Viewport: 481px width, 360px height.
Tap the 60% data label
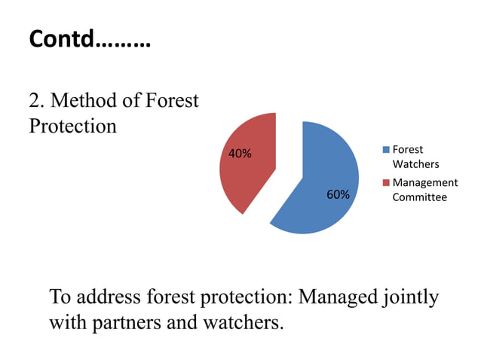point(338,195)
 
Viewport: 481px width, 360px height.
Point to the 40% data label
point(240,154)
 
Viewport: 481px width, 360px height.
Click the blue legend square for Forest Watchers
point(386,150)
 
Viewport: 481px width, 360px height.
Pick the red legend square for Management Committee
point(386,183)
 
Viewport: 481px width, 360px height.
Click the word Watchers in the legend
point(415,163)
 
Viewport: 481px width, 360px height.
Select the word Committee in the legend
point(419,197)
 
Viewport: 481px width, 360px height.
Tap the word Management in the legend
point(424,183)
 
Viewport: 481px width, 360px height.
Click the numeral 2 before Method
point(34,100)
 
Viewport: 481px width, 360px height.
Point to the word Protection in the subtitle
point(72,125)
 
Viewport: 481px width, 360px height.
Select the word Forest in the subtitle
point(173,100)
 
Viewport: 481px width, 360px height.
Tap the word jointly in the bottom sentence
point(411,298)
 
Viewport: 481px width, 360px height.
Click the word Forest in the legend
point(408,150)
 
